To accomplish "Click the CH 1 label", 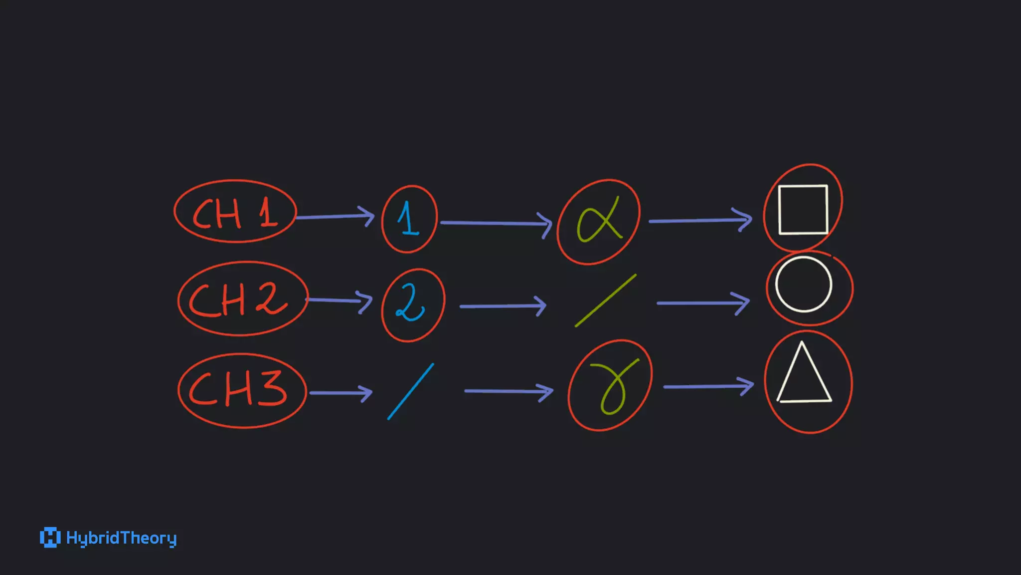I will point(234,213).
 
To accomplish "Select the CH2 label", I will point(239,299).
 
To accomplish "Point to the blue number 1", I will point(409,219).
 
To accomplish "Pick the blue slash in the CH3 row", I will point(411,391).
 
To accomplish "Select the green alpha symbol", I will point(598,220).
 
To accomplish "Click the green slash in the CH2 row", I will point(605,300).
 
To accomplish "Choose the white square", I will point(803,210).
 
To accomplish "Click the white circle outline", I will point(804,285).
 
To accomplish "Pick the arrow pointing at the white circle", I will point(703,303).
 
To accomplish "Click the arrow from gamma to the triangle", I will point(708,386).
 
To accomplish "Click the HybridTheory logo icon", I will point(50,538).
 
